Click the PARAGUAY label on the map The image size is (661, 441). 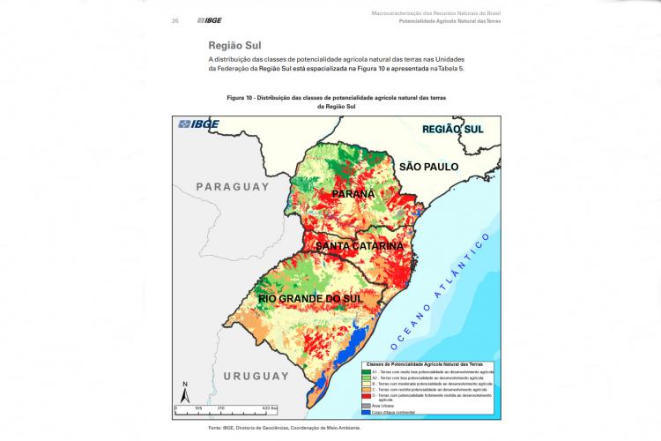pos(231,187)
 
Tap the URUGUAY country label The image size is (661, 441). pos(256,377)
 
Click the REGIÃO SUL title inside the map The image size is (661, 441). pos(454,129)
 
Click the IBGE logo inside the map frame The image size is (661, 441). pos(199,124)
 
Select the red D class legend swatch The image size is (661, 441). pos(365,397)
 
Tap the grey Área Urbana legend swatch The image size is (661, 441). pos(365,407)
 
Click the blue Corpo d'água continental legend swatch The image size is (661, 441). pos(365,413)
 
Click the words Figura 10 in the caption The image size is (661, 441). pos(241,96)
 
